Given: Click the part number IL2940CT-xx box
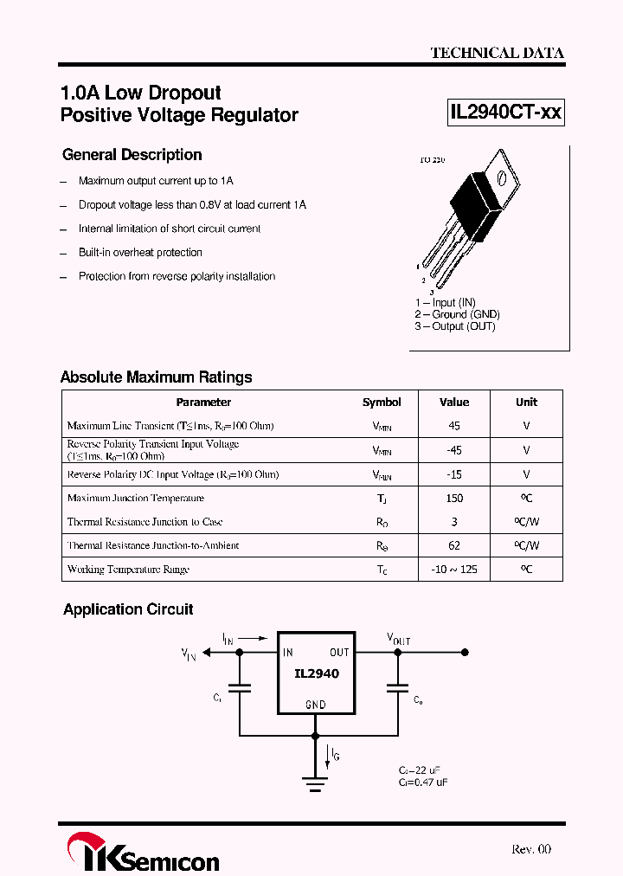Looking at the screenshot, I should coord(505,113).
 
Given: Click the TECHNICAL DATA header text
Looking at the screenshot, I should coord(497,53).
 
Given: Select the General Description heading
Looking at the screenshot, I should coord(132,155).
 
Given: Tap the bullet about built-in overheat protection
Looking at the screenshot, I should coord(140,253).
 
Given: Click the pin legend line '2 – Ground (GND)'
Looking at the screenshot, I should coord(457,314).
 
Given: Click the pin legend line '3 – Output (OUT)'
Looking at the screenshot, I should coord(454,326).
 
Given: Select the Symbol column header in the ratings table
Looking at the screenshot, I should coord(382,402).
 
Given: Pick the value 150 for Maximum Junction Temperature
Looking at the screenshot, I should coord(454,498).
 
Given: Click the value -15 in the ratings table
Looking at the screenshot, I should coord(454,474).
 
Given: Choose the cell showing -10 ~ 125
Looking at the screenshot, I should coord(454,570).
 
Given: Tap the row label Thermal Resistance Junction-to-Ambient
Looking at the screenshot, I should coord(153,545).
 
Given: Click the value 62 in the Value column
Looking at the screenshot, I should coord(454,545).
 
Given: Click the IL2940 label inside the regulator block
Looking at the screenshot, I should coord(316,673).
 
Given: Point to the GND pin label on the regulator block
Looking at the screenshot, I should coord(316,705).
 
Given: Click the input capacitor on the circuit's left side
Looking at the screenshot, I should coord(240,689).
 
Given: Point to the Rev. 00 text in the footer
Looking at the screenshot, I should coord(530,849).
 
